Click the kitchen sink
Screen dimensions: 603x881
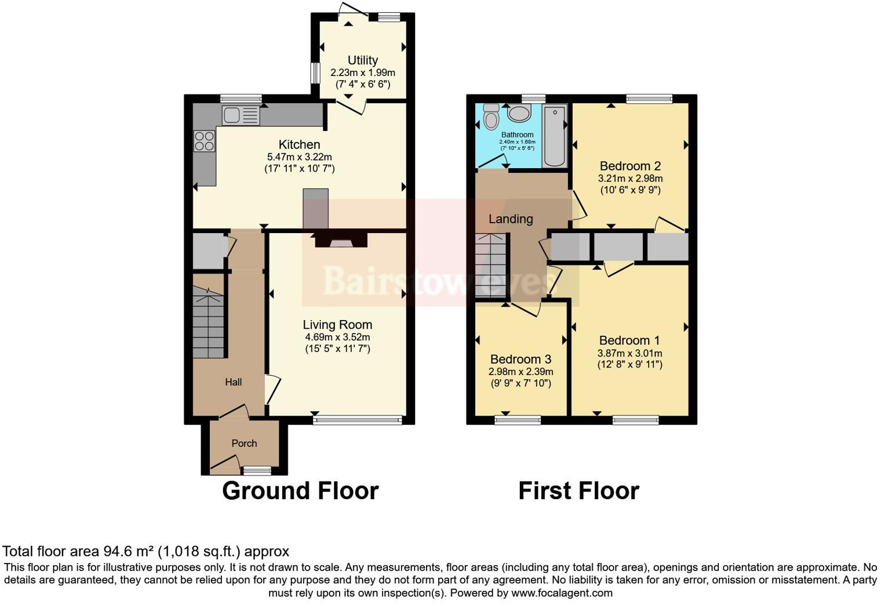point(240,115)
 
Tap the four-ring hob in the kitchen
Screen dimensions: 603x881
point(204,140)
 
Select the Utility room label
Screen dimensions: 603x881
point(363,60)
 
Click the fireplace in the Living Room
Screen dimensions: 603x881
point(341,241)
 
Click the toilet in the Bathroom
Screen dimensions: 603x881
point(491,117)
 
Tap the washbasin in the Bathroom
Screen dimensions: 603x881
point(519,113)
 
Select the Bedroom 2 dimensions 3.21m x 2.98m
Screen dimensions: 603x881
point(630,179)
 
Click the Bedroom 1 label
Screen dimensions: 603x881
point(629,340)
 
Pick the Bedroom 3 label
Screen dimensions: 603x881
point(520,359)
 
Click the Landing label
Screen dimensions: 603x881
point(510,219)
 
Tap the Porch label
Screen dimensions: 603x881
point(244,444)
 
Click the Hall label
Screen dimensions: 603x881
point(234,382)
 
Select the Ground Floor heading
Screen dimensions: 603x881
point(300,491)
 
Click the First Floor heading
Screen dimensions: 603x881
point(578,491)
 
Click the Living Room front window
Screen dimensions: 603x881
point(357,419)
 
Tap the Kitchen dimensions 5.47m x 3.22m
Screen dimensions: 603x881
point(299,157)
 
